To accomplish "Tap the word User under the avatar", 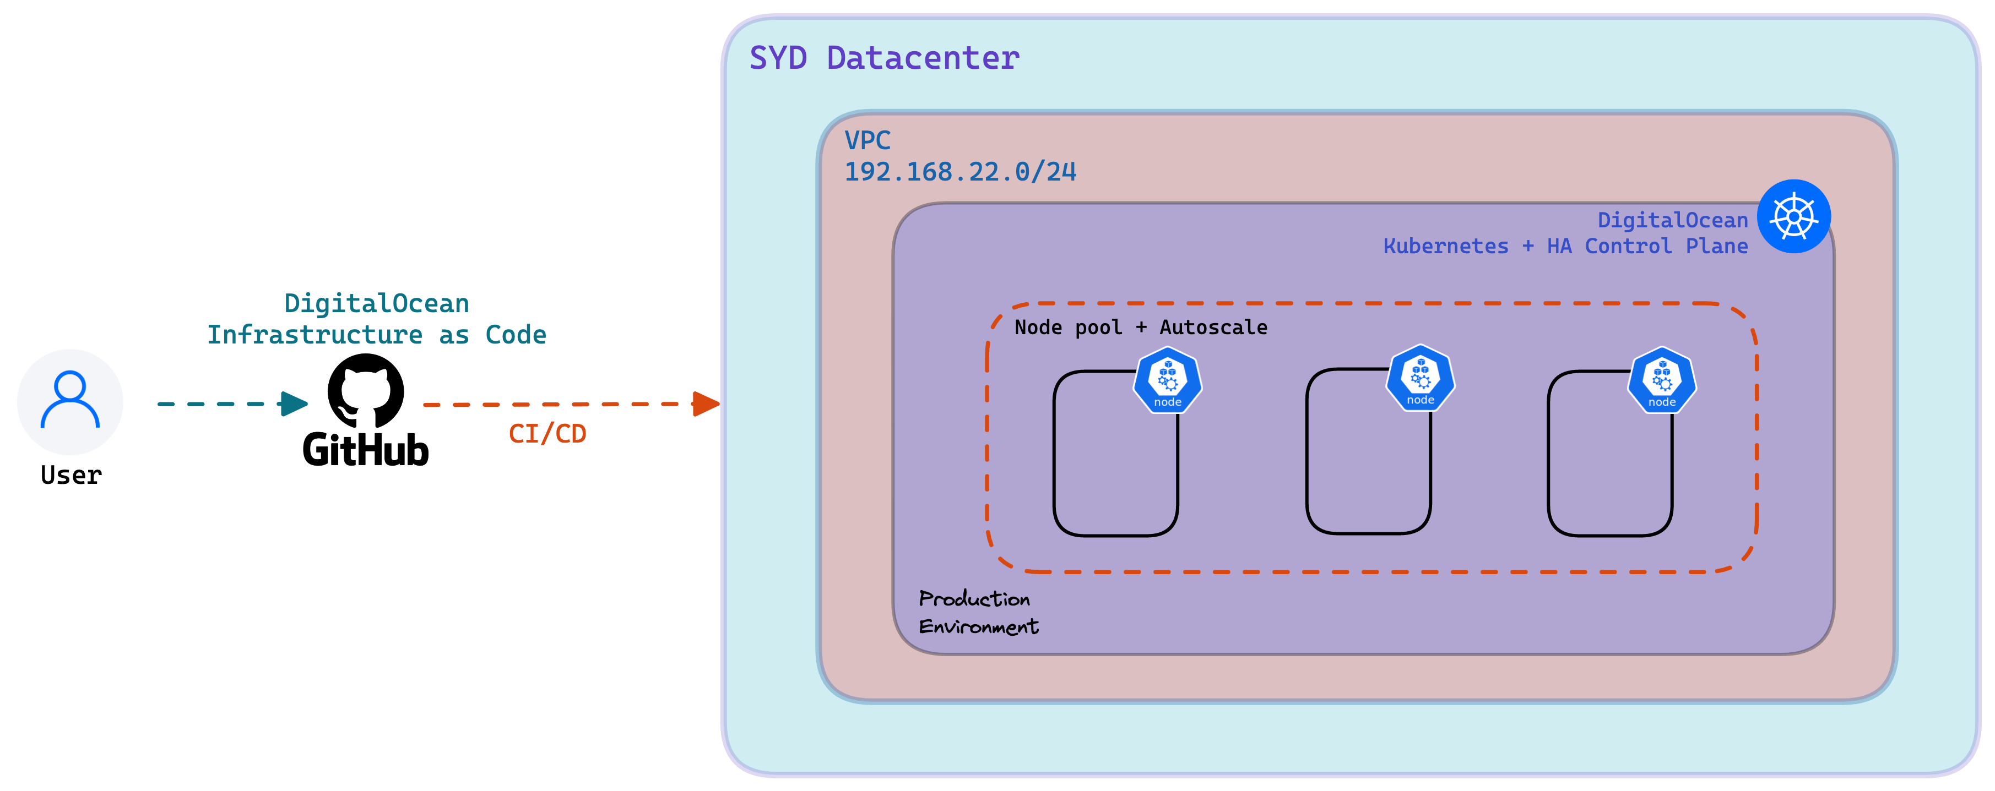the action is pyautogui.click(x=71, y=474).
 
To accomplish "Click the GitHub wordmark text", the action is pyautogui.click(x=366, y=450).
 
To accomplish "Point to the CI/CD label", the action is pyautogui.click(x=547, y=433).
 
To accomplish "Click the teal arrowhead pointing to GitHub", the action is pyautogui.click(x=294, y=403).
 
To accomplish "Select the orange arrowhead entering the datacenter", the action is pyautogui.click(x=706, y=403).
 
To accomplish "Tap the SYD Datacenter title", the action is pyautogui.click(x=885, y=58).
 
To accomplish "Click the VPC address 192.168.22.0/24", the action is pyautogui.click(x=961, y=171).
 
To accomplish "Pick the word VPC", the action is pyautogui.click(x=868, y=140).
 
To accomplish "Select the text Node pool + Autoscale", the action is pyautogui.click(x=1141, y=328).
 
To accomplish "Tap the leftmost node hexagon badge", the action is pyautogui.click(x=1168, y=380).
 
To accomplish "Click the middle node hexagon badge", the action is pyautogui.click(x=1421, y=378).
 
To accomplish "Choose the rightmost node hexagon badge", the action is pyautogui.click(x=1662, y=380).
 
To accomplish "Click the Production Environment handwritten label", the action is pyautogui.click(x=979, y=612).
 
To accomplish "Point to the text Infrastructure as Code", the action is pyautogui.click(x=376, y=334).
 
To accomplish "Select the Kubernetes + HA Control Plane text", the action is pyautogui.click(x=1565, y=246).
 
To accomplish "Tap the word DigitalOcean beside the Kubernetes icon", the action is pyautogui.click(x=1673, y=221).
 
